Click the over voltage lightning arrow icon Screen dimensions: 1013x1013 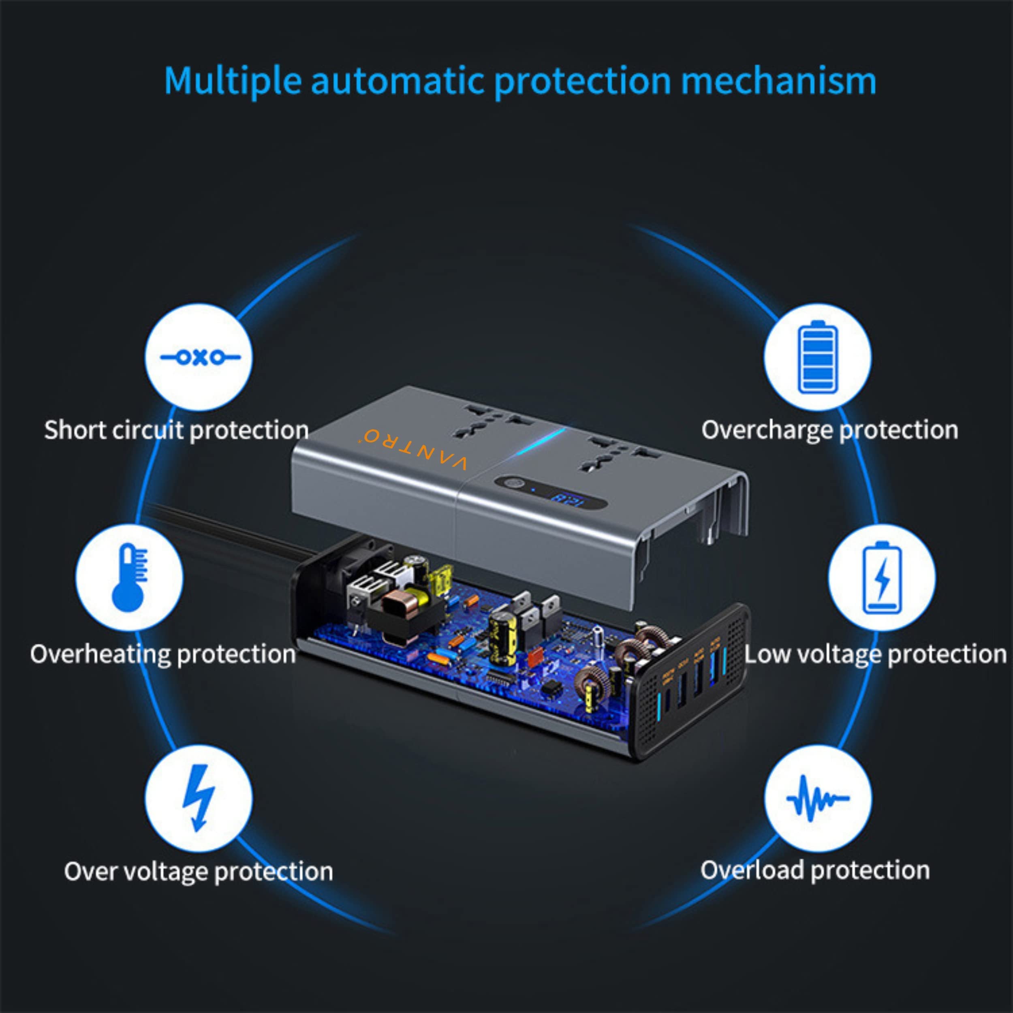pyautogui.click(x=199, y=798)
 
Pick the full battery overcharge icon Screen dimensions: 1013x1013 pyautogui.click(x=817, y=357)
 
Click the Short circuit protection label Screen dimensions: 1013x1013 pyautogui.click(x=176, y=430)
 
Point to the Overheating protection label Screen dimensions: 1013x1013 pyautogui.click(x=162, y=654)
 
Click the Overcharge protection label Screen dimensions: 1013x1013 pyautogui.click(x=829, y=430)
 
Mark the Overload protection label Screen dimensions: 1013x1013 pyautogui.click(x=815, y=870)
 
